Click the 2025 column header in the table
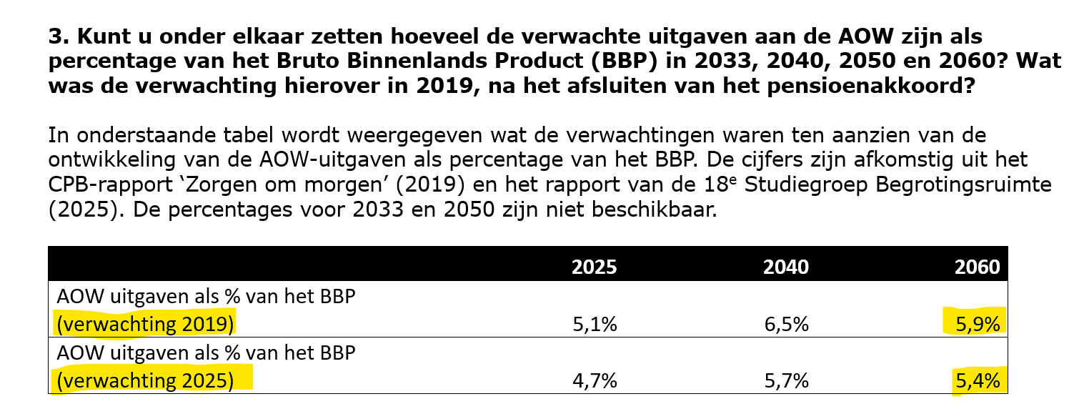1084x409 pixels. (594, 267)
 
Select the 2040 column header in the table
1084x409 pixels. (786, 267)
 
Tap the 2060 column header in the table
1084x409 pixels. (977, 267)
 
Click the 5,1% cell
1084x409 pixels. (595, 324)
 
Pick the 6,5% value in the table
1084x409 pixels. (786, 324)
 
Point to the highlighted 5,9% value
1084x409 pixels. (977, 324)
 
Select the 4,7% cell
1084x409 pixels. (595, 380)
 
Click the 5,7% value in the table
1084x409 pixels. (786, 380)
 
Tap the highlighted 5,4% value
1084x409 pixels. (977, 380)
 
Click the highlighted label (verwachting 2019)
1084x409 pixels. (144, 324)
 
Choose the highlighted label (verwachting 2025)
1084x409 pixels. (144, 380)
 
